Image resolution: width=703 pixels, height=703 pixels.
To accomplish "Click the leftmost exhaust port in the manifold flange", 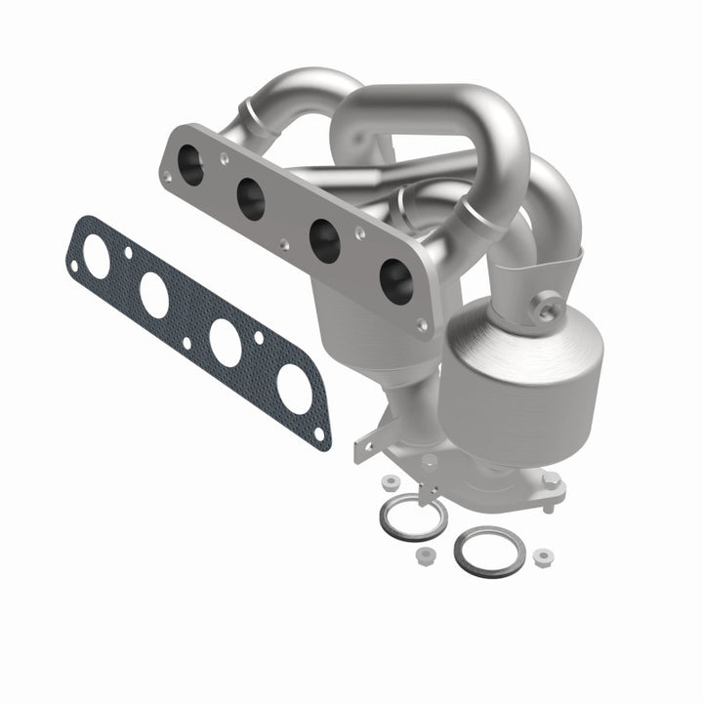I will click(191, 166).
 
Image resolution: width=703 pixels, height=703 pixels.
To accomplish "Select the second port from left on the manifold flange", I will click(251, 199).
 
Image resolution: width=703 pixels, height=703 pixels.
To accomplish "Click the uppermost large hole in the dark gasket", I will click(97, 256).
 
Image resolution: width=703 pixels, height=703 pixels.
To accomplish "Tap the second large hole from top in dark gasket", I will click(154, 295).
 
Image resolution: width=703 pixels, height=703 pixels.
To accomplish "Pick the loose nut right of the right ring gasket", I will click(541, 558).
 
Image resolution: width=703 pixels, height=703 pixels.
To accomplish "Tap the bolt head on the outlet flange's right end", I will click(550, 480).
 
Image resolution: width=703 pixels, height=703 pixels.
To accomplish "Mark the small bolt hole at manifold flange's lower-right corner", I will click(422, 322).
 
